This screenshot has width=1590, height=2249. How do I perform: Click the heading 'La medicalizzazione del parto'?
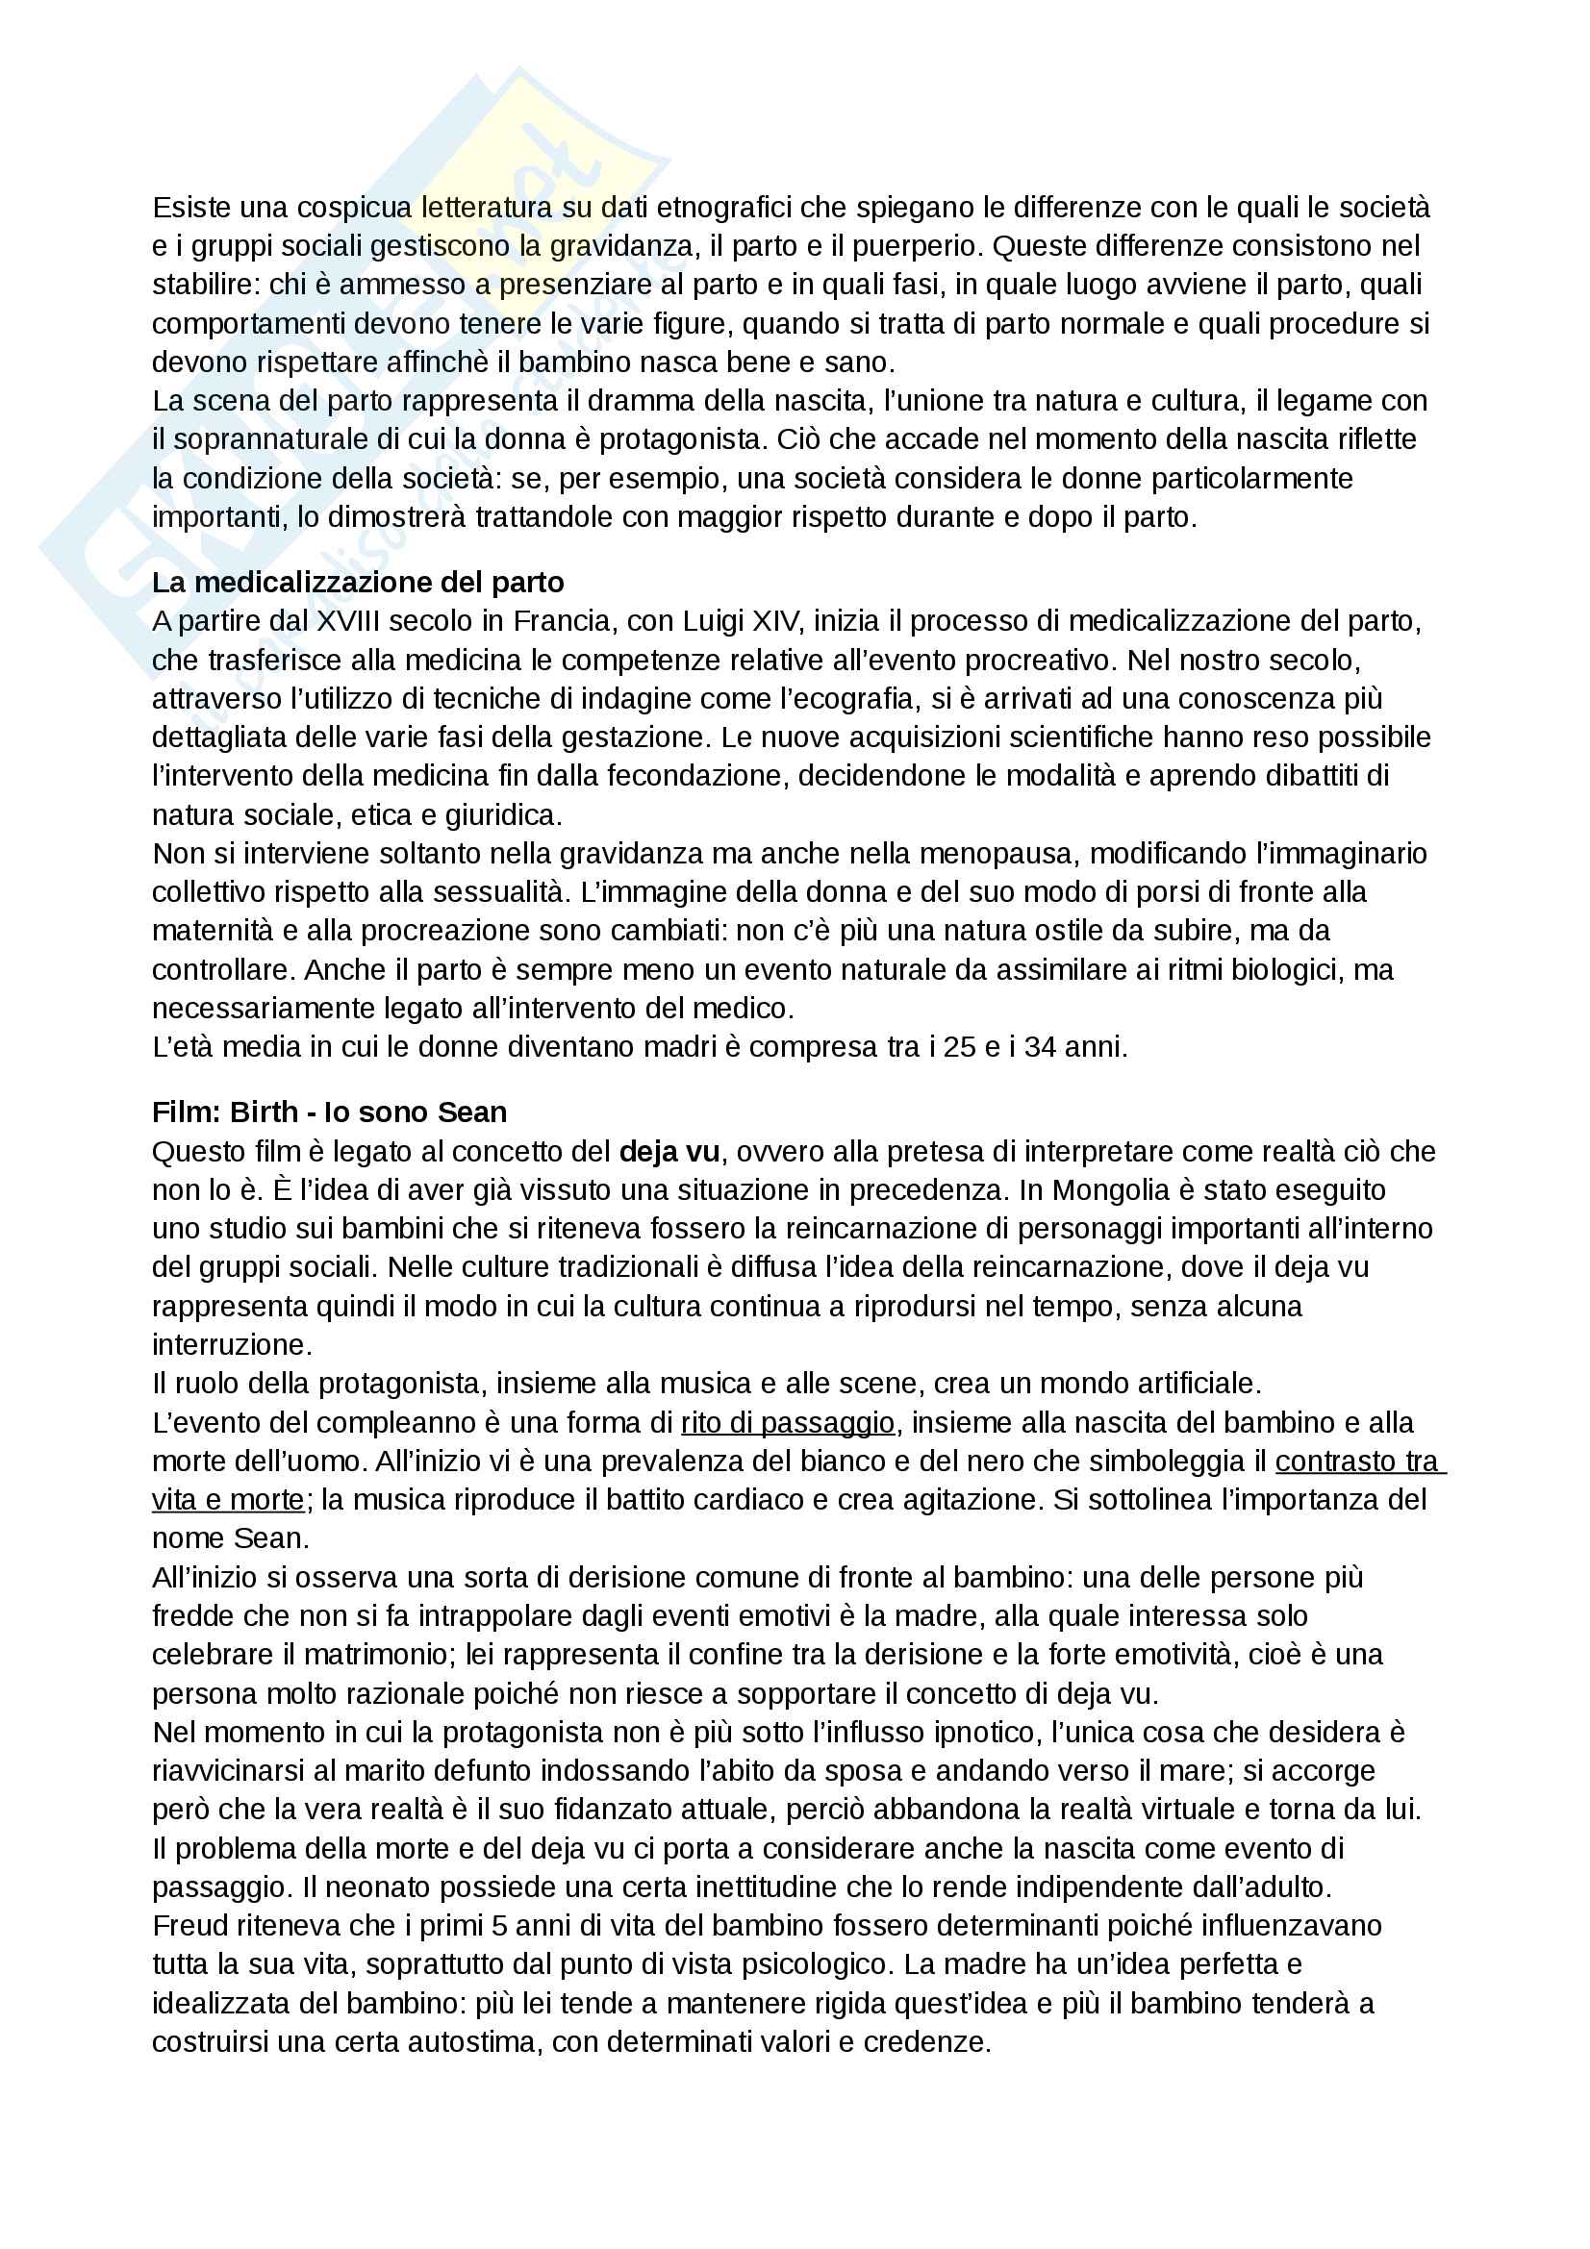tap(358, 583)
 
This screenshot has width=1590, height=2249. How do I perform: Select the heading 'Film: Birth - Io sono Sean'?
tap(329, 1112)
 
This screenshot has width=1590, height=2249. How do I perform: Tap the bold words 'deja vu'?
tap(669, 1152)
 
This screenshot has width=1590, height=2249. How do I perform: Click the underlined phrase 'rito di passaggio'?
tap(788, 1423)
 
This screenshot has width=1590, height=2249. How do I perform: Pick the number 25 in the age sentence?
tap(960, 1048)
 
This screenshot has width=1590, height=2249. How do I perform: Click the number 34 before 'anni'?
tap(1041, 1048)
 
